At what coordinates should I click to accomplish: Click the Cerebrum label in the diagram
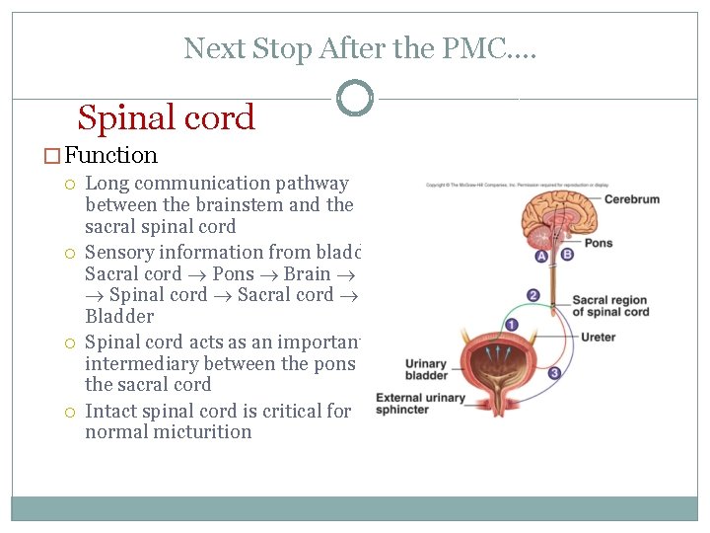click(x=631, y=199)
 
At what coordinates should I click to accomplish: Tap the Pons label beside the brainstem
click(x=598, y=243)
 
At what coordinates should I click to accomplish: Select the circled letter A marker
click(x=541, y=256)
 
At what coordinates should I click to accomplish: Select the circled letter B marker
click(x=567, y=255)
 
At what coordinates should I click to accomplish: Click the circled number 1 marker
click(x=511, y=325)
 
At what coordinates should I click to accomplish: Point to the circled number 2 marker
click(x=533, y=295)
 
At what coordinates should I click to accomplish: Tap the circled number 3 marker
click(x=554, y=372)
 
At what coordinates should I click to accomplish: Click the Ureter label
click(x=598, y=338)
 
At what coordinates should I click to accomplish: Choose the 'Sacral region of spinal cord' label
click(x=610, y=306)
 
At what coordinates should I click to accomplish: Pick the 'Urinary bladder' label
click(x=426, y=369)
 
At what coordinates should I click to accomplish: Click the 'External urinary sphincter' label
click(x=420, y=403)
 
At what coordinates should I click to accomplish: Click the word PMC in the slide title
click(x=490, y=47)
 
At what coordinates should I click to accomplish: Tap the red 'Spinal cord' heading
click(x=166, y=117)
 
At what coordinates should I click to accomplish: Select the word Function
click(x=111, y=155)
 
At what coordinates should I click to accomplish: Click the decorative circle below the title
click(x=355, y=98)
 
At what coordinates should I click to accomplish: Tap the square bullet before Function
click(x=53, y=156)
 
